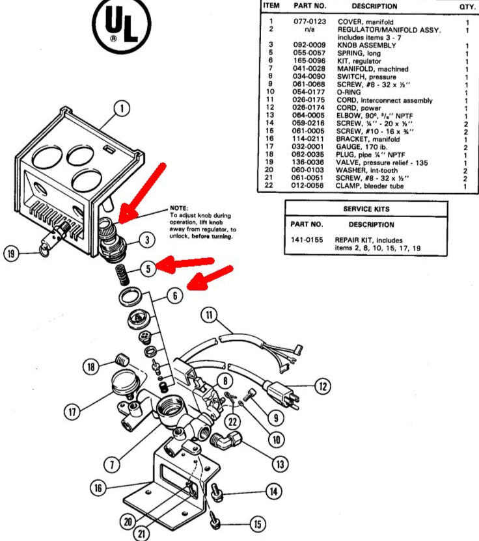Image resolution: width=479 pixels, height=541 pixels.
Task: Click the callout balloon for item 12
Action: click(x=322, y=386)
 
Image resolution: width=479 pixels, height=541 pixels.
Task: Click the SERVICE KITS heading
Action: click(x=366, y=209)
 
